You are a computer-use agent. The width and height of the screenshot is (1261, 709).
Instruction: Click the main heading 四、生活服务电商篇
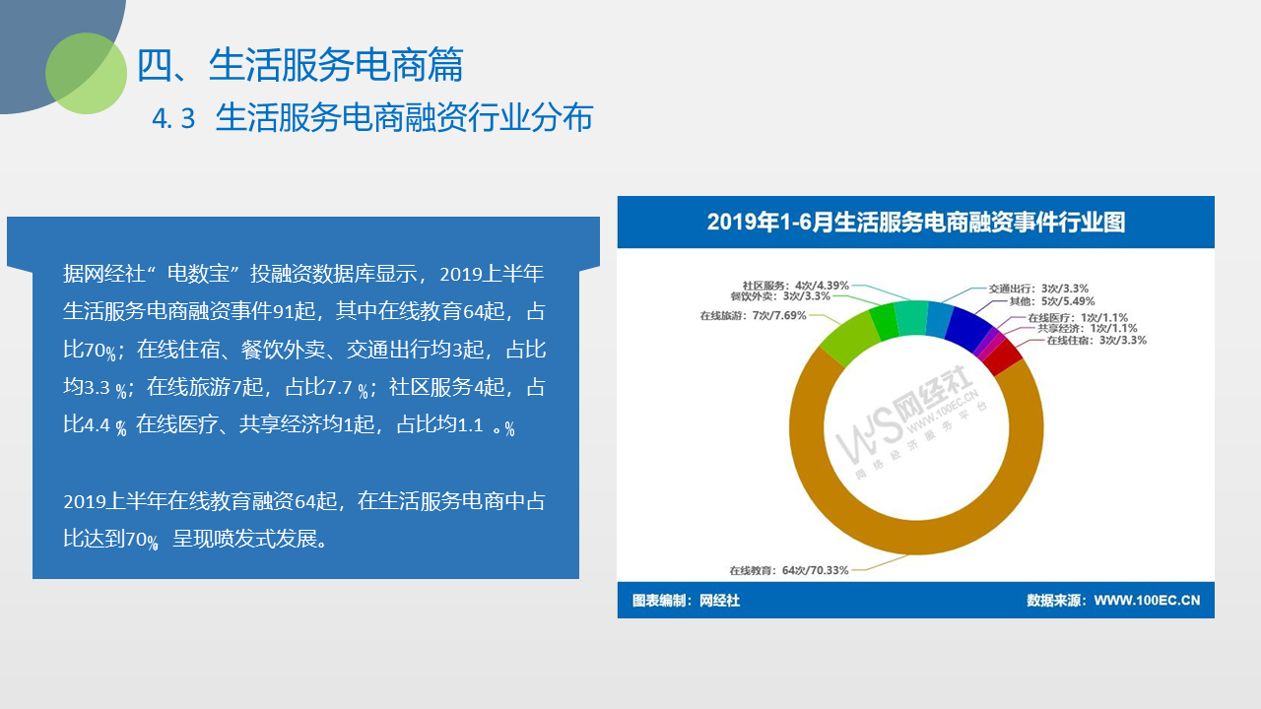click(x=299, y=65)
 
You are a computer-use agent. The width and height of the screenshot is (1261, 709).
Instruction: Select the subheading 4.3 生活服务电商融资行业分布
click(x=372, y=117)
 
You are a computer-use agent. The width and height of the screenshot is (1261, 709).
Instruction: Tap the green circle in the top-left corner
click(x=86, y=73)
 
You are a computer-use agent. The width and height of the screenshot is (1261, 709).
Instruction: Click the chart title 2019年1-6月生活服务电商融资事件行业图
click(x=916, y=222)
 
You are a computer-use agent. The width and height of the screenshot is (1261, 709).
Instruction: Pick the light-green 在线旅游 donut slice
click(x=849, y=338)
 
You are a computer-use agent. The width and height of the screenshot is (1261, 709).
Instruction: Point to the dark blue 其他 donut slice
click(x=967, y=330)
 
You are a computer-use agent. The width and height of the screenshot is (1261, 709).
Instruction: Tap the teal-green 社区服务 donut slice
click(x=911, y=318)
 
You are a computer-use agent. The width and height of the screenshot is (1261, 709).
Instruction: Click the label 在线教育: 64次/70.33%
click(x=789, y=570)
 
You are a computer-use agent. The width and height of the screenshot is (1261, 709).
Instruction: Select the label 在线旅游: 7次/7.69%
click(x=754, y=316)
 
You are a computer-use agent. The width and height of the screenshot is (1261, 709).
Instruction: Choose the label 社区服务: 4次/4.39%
click(x=795, y=286)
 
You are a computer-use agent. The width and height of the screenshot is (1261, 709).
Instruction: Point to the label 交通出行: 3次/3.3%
click(x=1038, y=289)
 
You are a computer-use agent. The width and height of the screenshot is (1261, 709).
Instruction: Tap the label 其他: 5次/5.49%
click(x=1051, y=301)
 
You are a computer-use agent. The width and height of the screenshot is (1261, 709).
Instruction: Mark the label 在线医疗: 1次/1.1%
click(x=1078, y=318)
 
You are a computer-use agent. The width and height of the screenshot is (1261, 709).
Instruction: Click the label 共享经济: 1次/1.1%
click(x=1088, y=329)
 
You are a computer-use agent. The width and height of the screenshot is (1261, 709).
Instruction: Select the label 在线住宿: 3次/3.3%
click(x=1096, y=341)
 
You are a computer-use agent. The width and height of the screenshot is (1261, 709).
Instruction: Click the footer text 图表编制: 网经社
click(x=686, y=601)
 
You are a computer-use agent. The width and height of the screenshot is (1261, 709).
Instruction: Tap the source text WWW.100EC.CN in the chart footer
click(x=1147, y=601)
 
